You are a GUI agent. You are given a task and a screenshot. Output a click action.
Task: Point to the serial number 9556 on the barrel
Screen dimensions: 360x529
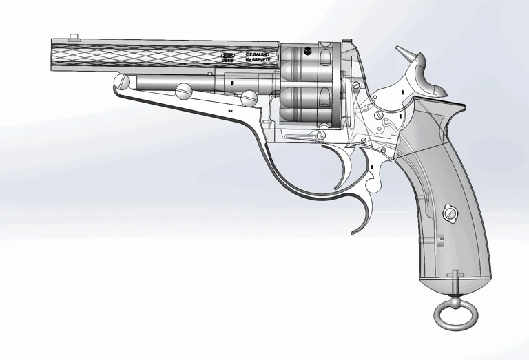coord(228,60)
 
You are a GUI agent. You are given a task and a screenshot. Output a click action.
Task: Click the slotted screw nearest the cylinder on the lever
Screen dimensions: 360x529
coord(252,100)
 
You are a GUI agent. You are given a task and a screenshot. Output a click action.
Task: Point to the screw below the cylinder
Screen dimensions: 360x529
coord(322,126)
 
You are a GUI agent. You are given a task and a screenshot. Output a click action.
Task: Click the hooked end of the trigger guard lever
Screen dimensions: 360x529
coord(360,224)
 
